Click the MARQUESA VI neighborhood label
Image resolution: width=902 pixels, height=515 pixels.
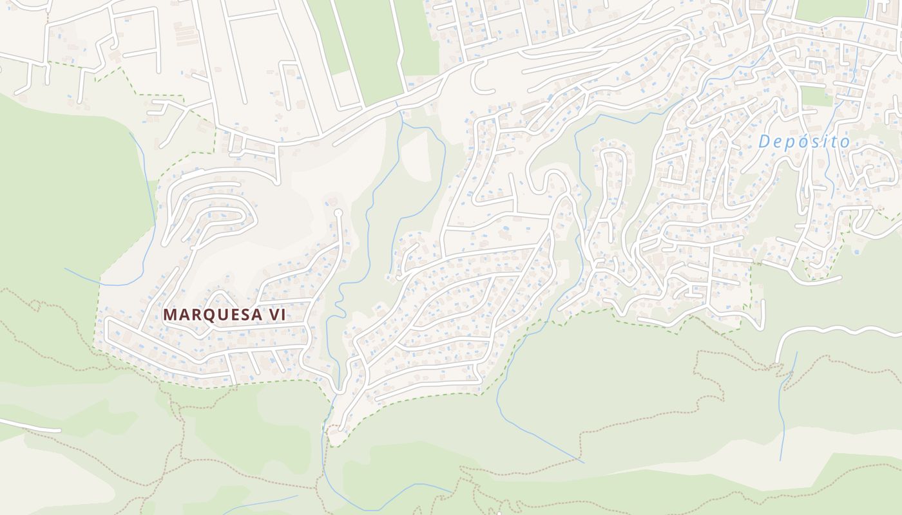click(224, 315)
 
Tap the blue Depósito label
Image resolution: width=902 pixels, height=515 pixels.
click(803, 142)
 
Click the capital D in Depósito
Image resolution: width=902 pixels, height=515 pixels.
click(765, 141)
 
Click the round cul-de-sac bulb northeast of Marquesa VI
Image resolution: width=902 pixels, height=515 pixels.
click(337, 212)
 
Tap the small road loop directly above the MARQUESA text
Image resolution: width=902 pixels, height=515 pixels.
click(219, 299)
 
